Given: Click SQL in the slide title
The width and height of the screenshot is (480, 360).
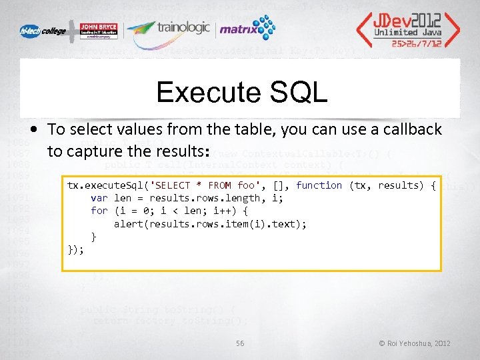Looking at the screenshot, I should pos(299,93).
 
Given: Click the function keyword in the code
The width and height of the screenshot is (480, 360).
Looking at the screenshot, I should pos(319,185).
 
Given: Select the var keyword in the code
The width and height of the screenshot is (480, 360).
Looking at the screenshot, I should pos(99,198).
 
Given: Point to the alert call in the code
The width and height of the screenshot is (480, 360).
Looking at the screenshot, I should pos(128,224).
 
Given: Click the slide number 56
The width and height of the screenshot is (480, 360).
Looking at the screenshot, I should pos(240,343).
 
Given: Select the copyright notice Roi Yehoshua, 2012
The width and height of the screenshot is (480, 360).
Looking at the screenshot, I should pos(415,343).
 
